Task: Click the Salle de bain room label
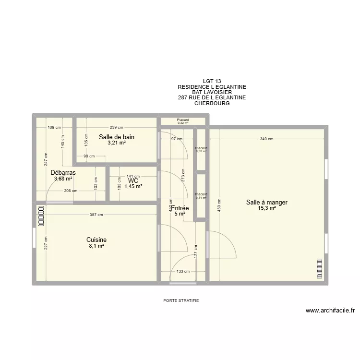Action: pos(117,137)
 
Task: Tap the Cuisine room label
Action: pos(96,240)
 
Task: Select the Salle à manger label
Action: pos(267,203)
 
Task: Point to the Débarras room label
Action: pos(63,172)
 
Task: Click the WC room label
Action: pos(133,180)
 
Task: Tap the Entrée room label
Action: pos(180,208)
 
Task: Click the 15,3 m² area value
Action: pos(267,208)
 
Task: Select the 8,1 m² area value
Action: pos(96,246)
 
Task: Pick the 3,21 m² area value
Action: pos(117,143)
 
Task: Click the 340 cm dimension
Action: pos(266,139)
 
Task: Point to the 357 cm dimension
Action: pos(96,215)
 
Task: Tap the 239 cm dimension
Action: pos(117,127)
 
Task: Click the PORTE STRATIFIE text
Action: pos(180,300)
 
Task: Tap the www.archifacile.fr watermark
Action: pos(330,311)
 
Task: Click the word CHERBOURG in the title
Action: pos(212,103)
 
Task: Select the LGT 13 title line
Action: pos(212,82)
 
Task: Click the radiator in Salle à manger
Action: pos(319,269)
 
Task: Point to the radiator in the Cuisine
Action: pos(40,216)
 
